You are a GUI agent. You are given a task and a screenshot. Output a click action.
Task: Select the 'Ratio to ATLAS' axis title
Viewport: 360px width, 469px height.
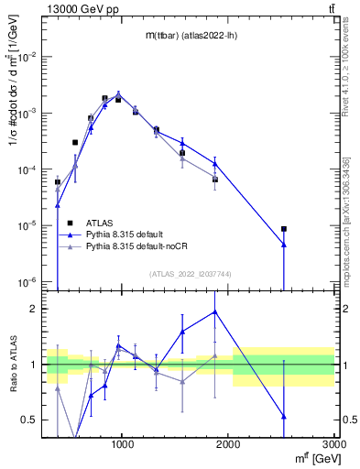(x=12, y=365)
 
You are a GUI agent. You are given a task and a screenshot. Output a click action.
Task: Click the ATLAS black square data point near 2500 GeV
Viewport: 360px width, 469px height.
(x=284, y=229)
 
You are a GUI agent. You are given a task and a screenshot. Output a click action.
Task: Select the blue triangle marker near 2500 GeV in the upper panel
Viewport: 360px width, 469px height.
(x=284, y=245)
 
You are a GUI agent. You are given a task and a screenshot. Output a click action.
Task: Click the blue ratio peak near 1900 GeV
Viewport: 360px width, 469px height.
(x=215, y=311)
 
